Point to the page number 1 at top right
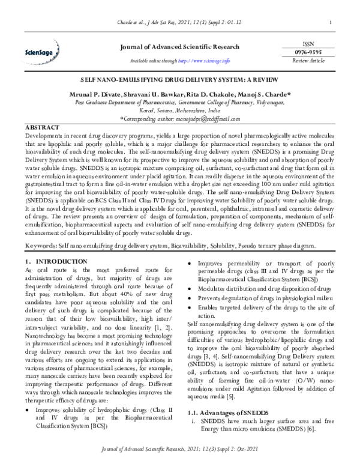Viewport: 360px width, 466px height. (331, 24)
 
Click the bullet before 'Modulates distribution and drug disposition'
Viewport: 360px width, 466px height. (191, 288)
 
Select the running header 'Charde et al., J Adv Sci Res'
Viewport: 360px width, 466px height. (180, 24)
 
